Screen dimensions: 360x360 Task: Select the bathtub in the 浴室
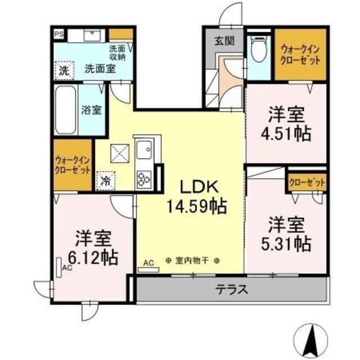coord(66,110)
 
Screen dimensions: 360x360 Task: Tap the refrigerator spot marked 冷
coord(105,181)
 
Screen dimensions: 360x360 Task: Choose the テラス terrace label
coord(232,290)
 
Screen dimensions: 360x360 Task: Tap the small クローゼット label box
coord(307,182)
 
